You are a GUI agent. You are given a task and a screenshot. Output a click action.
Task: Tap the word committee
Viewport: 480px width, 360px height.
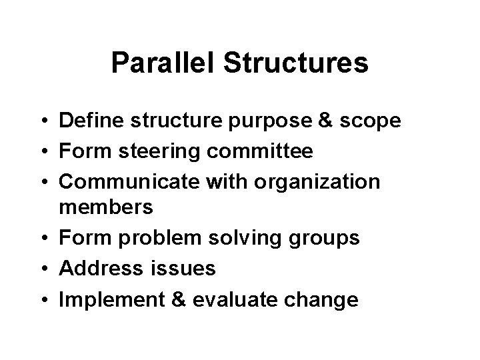(x=259, y=151)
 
